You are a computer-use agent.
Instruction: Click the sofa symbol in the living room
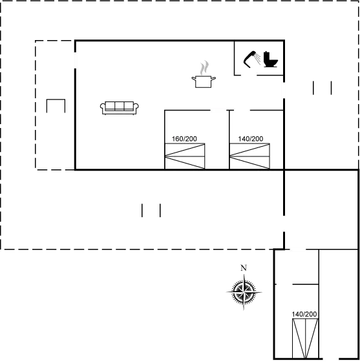tap(120, 107)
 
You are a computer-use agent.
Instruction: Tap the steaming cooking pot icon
tap(204, 74)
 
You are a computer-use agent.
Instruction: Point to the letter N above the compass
tap(243, 268)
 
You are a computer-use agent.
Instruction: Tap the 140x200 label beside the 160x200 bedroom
tap(250, 138)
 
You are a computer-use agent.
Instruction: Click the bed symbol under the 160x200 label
tap(185, 156)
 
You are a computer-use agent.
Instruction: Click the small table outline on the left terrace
tap(56, 106)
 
